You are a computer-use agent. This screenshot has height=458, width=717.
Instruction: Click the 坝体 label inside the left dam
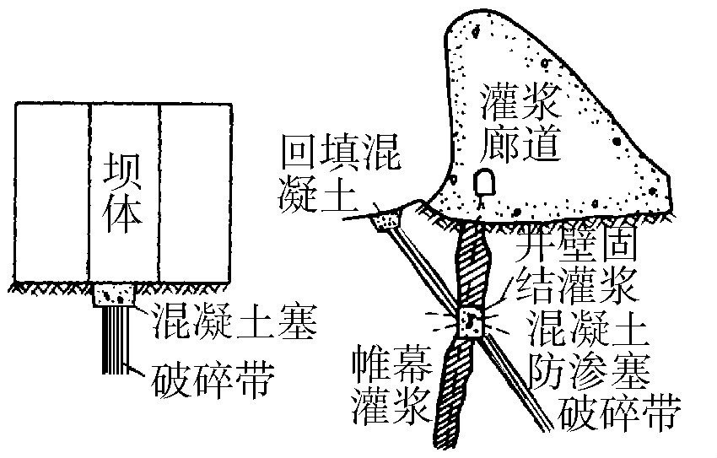point(123,190)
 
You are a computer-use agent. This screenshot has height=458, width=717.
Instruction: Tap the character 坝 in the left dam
point(123,167)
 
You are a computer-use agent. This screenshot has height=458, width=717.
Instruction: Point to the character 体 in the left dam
point(123,213)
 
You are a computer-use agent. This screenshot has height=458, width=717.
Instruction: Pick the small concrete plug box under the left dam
point(116,295)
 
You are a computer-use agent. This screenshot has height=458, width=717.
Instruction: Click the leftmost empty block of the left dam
point(52,192)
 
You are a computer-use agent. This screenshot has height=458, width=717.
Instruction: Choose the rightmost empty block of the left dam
point(195,192)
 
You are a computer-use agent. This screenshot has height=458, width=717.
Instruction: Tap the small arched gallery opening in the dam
point(484,181)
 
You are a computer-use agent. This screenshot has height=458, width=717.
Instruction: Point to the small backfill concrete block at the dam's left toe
point(388,219)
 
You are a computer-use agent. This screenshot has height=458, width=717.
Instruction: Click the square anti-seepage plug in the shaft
point(469,320)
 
